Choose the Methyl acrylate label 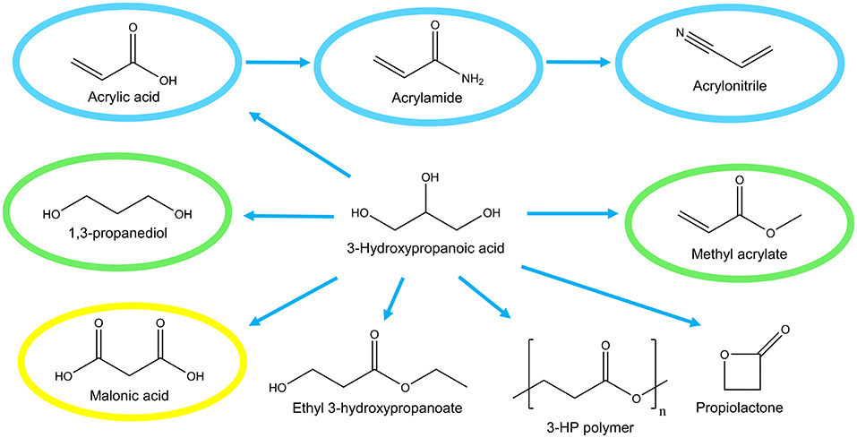coord(727,254)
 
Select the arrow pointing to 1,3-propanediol coord(288,215)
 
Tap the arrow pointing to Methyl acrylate coord(572,213)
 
